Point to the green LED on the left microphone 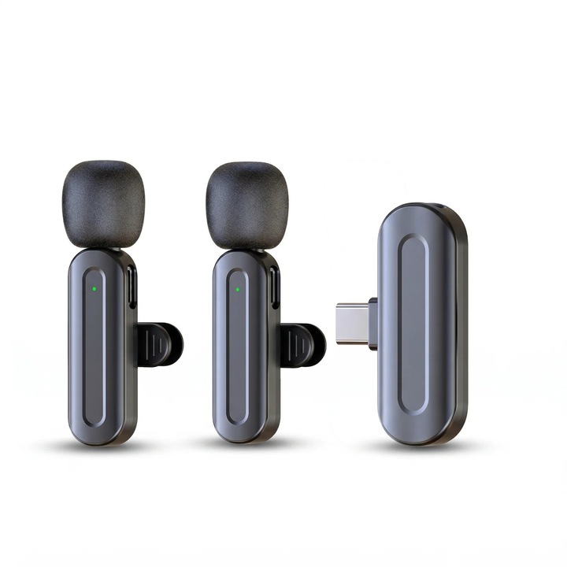[x=94, y=288]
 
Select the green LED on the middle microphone [x=237, y=288]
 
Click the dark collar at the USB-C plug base [x=372, y=324]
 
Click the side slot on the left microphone [x=132, y=287]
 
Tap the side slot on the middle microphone [x=275, y=287]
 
